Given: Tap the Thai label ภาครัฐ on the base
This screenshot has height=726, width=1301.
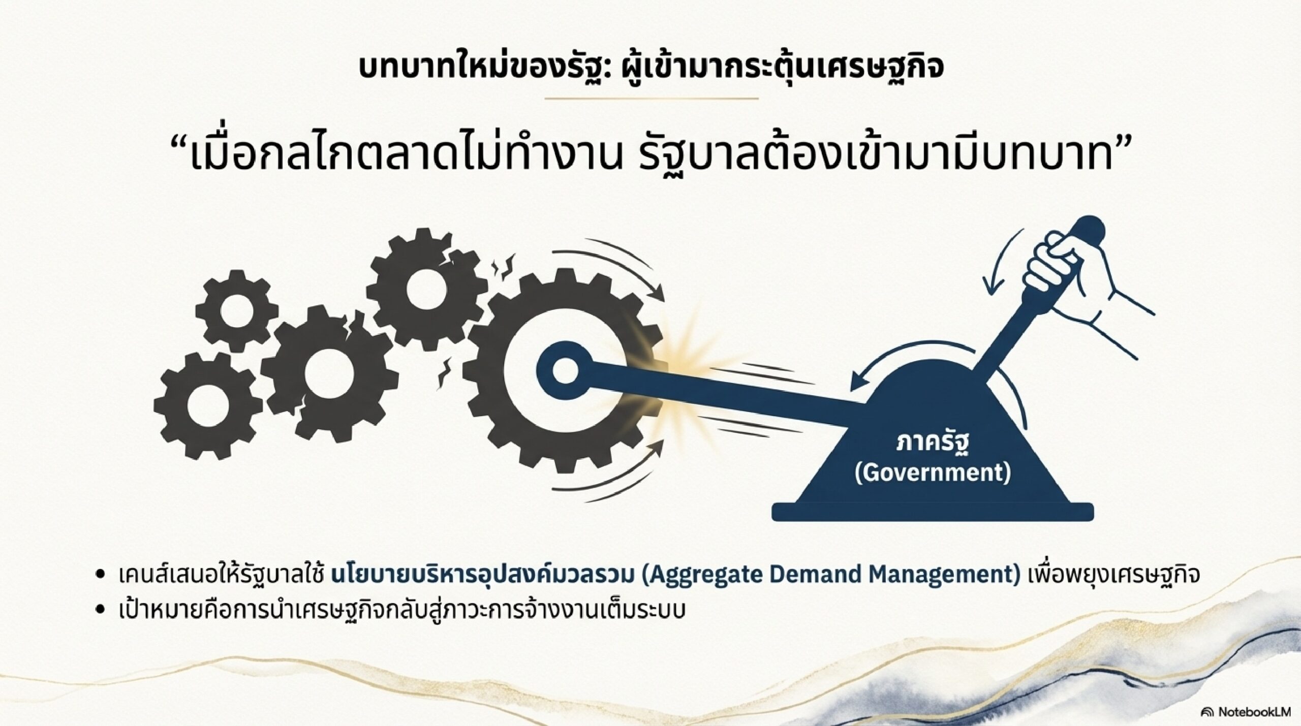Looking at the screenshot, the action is [x=932, y=442].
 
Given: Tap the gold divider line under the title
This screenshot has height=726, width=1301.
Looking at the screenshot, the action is [x=650, y=98].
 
